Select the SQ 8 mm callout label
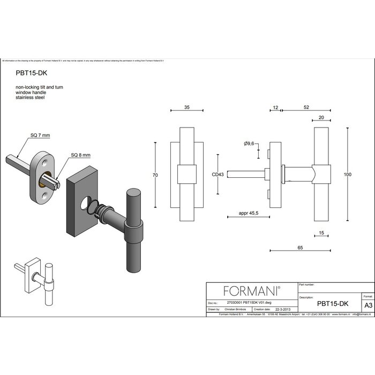coord(81,155)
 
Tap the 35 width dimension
coord(187,107)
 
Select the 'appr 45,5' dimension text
coord(249,213)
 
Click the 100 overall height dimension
coord(349,175)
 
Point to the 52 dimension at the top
coord(306,107)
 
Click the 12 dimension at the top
coord(275,107)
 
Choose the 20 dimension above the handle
coord(321,117)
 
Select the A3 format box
coord(367,305)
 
